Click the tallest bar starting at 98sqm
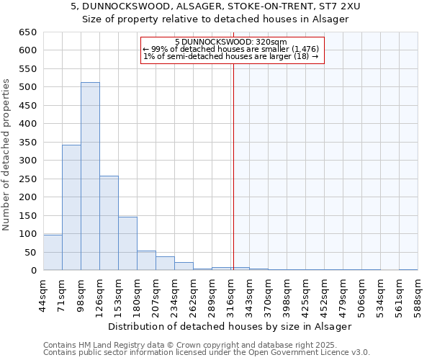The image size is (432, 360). pos(90,176)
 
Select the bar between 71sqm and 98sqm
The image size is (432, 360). pos(71,207)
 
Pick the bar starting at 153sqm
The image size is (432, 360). pos(127,243)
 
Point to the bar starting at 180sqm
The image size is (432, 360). pos(146,261)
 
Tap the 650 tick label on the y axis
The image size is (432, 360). pos(27,32)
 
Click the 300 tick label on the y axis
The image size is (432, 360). pos(27,161)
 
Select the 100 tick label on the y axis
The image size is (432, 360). pos(27,234)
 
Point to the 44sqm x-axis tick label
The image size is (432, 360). pos(44,293)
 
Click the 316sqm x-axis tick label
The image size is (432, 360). pos(231,293)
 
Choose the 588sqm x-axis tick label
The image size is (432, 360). pos(418,293)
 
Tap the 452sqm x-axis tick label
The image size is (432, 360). pos(325,293)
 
